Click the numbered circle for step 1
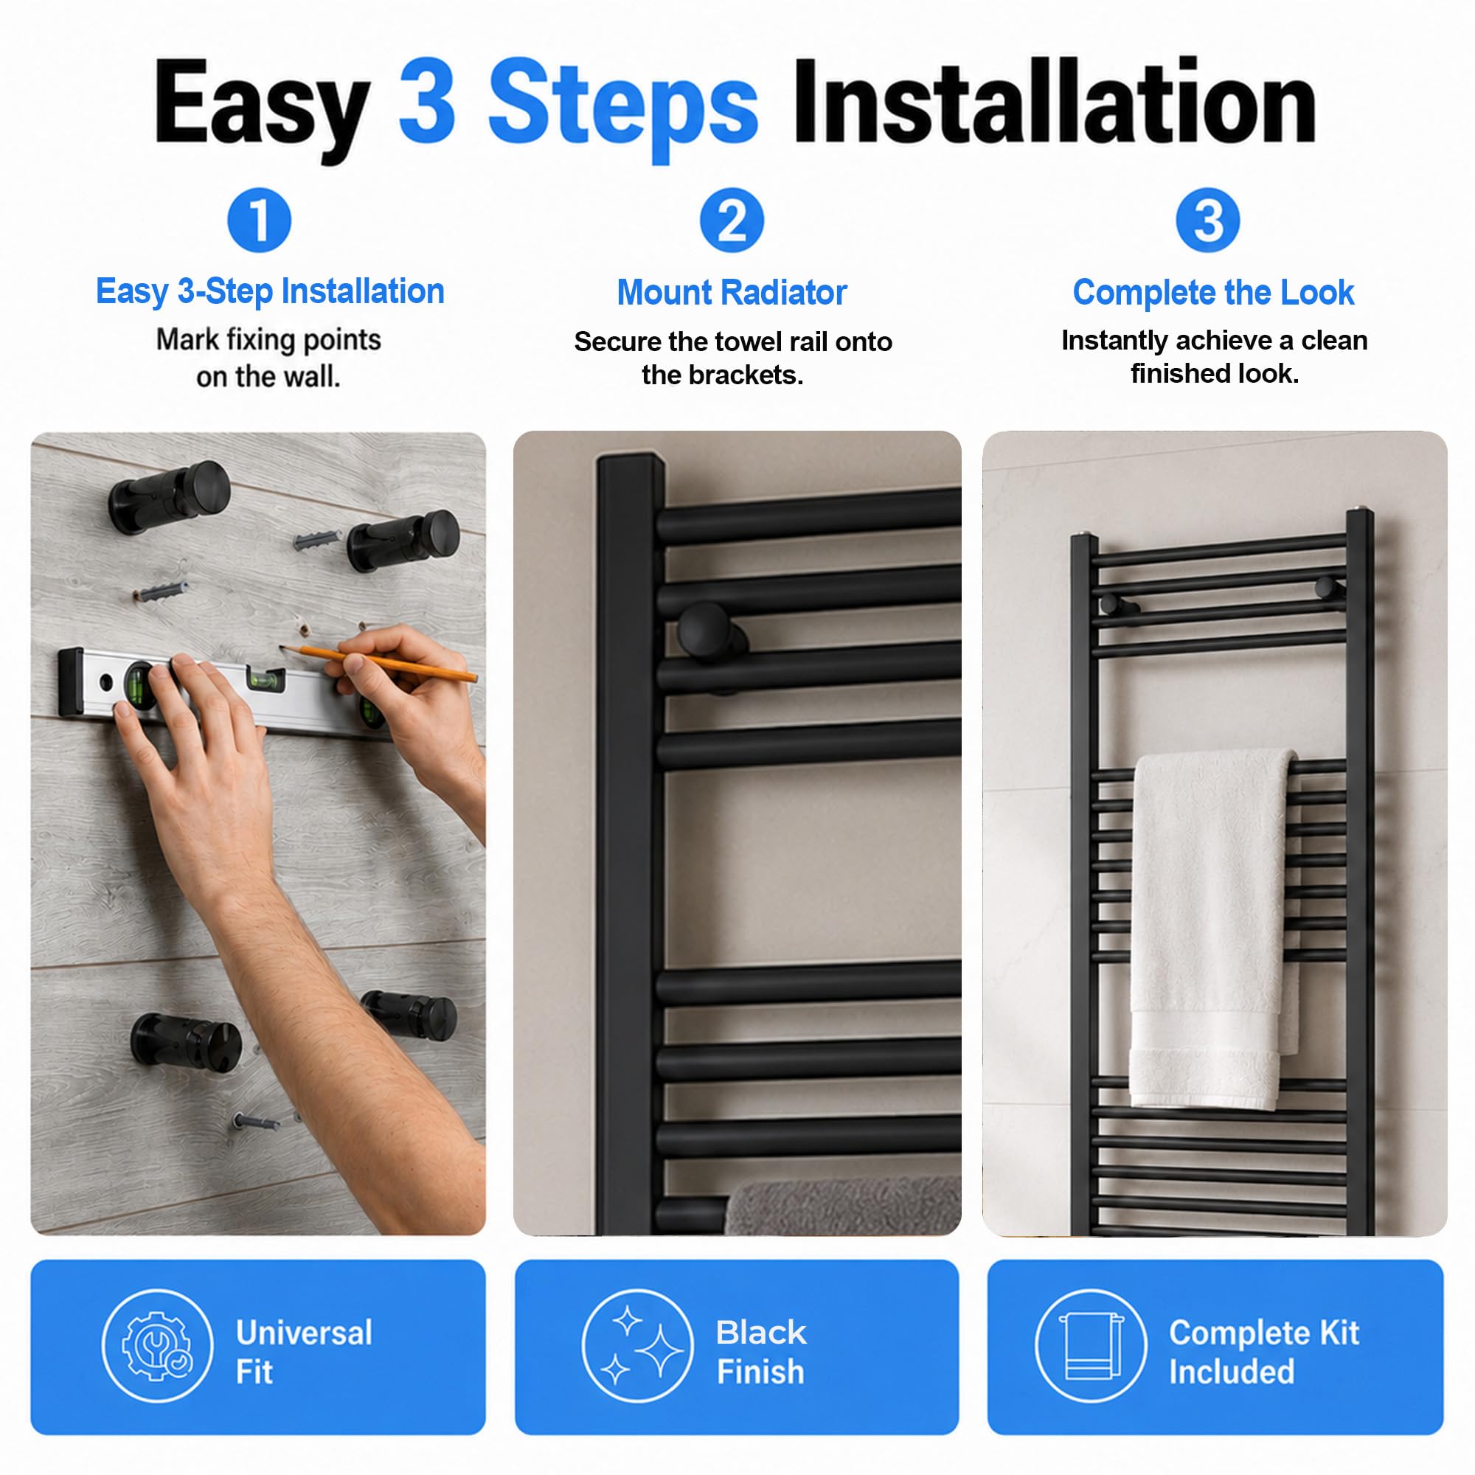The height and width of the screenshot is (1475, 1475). click(x=260, y=220)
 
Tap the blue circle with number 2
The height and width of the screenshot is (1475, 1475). click(x=732, y=220)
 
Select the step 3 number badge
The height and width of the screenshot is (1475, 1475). click(x=1208, y=220)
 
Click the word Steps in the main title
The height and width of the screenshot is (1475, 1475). click(x=622, y=105)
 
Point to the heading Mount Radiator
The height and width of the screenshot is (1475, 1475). click(x=732, y=292)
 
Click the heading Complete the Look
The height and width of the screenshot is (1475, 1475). click(x=1213, y=292)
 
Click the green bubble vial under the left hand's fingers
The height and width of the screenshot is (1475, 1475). click(x=139, y=685)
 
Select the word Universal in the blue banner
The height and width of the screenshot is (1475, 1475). click(x=304, y=1333)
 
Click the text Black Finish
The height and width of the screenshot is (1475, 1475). click(x=761, y=1352)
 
